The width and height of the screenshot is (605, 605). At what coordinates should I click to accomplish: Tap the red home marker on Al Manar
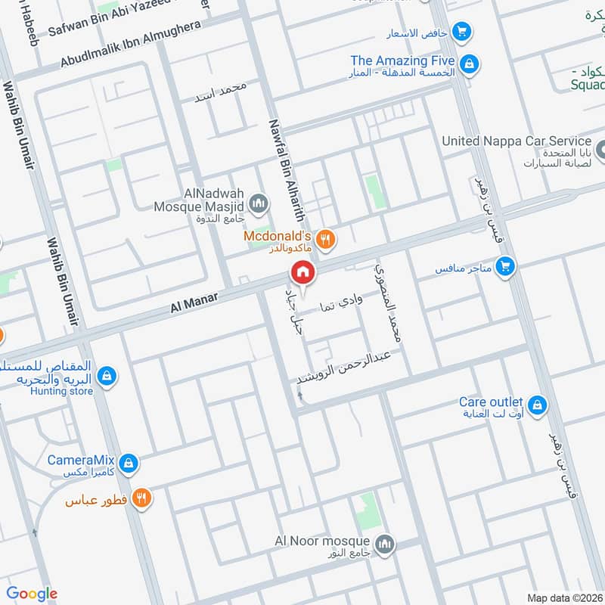click(x=302, y=272)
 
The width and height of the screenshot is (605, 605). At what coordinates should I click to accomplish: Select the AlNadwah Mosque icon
click(x=259, y=203)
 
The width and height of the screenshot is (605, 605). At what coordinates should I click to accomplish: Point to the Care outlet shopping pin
click(x=538, y=405)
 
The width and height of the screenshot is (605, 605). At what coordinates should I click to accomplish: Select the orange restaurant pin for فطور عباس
click(x=141, y=498)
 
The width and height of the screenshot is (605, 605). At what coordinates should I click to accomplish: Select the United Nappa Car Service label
click(x=516, y=141)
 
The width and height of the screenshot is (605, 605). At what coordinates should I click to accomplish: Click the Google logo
click(x=32, y=594)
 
